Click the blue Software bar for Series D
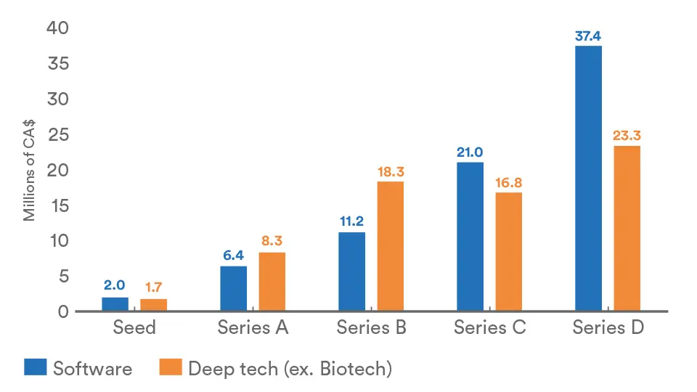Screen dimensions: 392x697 pos(588,179)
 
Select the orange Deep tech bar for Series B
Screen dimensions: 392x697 pos(390,246)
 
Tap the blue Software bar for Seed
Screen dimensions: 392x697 pos(115,304)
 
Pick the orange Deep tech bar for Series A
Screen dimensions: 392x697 pos(272,282)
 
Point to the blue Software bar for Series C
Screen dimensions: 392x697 pos(470,237)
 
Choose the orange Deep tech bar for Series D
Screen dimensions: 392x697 pos(627,229)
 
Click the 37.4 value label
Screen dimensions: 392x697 pos(588,33)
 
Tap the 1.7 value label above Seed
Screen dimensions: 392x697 pos(153,287)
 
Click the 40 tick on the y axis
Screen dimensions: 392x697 pos(58,28)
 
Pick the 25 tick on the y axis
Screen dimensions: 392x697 pos(58,134)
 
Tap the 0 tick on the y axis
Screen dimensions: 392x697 pos(63,311)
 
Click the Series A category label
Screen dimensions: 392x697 pos(253,327)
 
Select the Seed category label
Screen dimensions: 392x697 pos(134,327)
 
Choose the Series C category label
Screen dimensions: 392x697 pos(489,327)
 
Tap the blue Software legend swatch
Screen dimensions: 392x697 pos(35,367)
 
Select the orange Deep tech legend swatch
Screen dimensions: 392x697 pos(170,367)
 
